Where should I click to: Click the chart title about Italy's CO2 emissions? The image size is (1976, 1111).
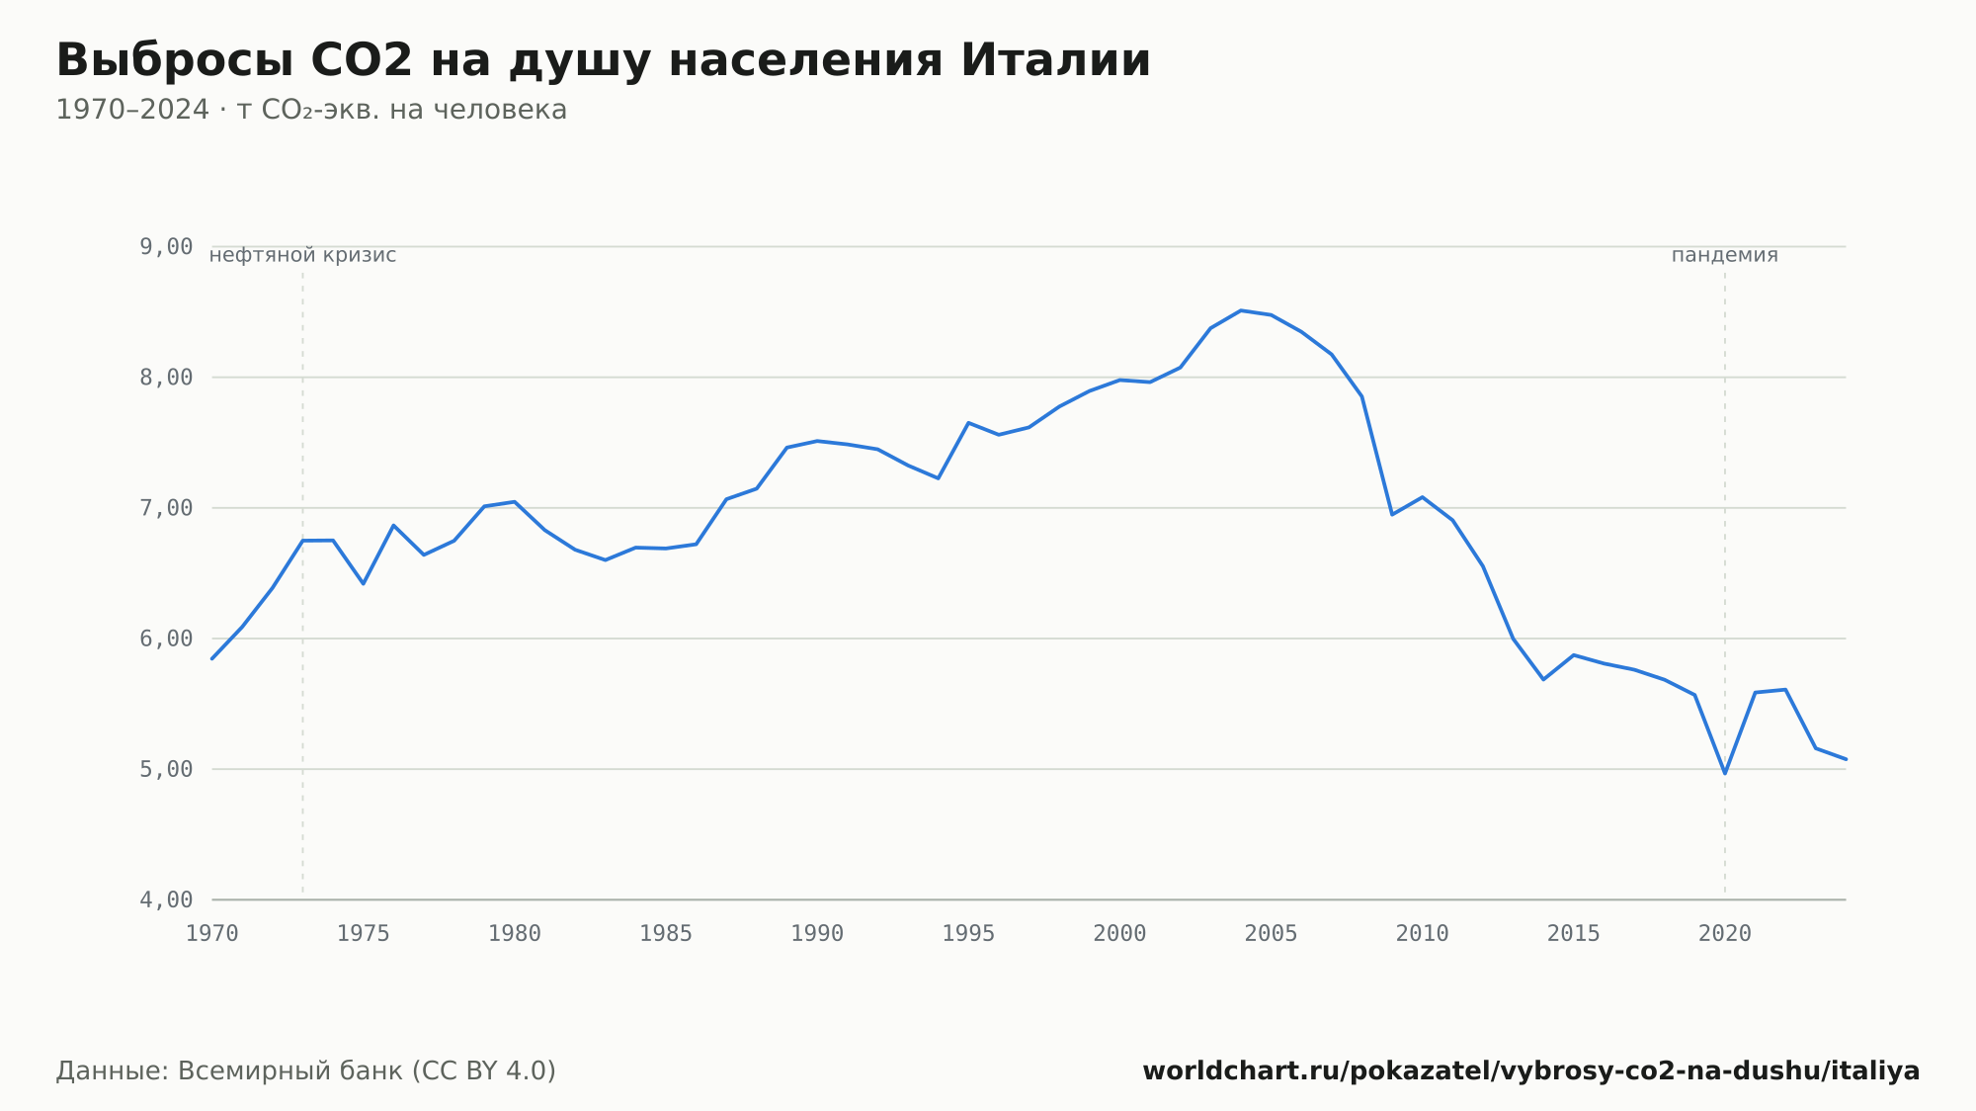click(x=604, y=61)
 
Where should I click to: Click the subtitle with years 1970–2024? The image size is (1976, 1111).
click(x=311, y=110)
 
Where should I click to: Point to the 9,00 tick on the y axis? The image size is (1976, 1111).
click(x=166, y=246)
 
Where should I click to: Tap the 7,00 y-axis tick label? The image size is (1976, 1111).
click(x=166, y=508)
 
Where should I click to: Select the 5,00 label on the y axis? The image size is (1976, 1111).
click(x=166, y=769)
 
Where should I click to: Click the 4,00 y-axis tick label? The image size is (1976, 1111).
click(x=166, y=899)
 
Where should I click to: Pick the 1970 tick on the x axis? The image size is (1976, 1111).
click(x=212, y=934)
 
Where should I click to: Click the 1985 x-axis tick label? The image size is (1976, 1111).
click(x=666, y=934)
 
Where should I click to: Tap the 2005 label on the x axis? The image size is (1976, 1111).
click(x=1271, y=934)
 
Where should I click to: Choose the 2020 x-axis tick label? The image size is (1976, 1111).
click(x=1725, y=934)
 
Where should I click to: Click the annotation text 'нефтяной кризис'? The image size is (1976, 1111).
click(x=302, y=255)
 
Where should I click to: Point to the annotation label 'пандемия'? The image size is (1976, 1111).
click(x=1725, y=255)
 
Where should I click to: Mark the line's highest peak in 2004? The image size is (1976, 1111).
click(x=1241, y=310)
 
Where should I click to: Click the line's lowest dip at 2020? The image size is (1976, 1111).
click(x=1725, y=773)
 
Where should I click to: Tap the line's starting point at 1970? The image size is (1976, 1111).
click(x=212, y=658)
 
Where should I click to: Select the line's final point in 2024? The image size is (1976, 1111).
click(x=1846, y=759)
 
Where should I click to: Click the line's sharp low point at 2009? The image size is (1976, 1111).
click(x=1392, y=514)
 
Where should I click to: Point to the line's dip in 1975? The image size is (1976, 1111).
click(x=364, y=583)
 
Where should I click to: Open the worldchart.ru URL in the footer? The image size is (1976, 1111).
click(x=1531, y=1071)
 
